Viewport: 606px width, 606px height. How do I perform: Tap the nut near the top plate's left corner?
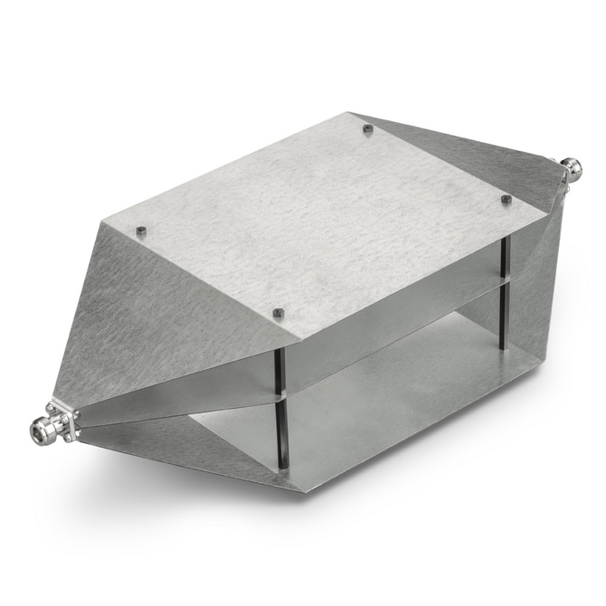142,232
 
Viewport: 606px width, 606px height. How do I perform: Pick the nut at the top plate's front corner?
279,314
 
